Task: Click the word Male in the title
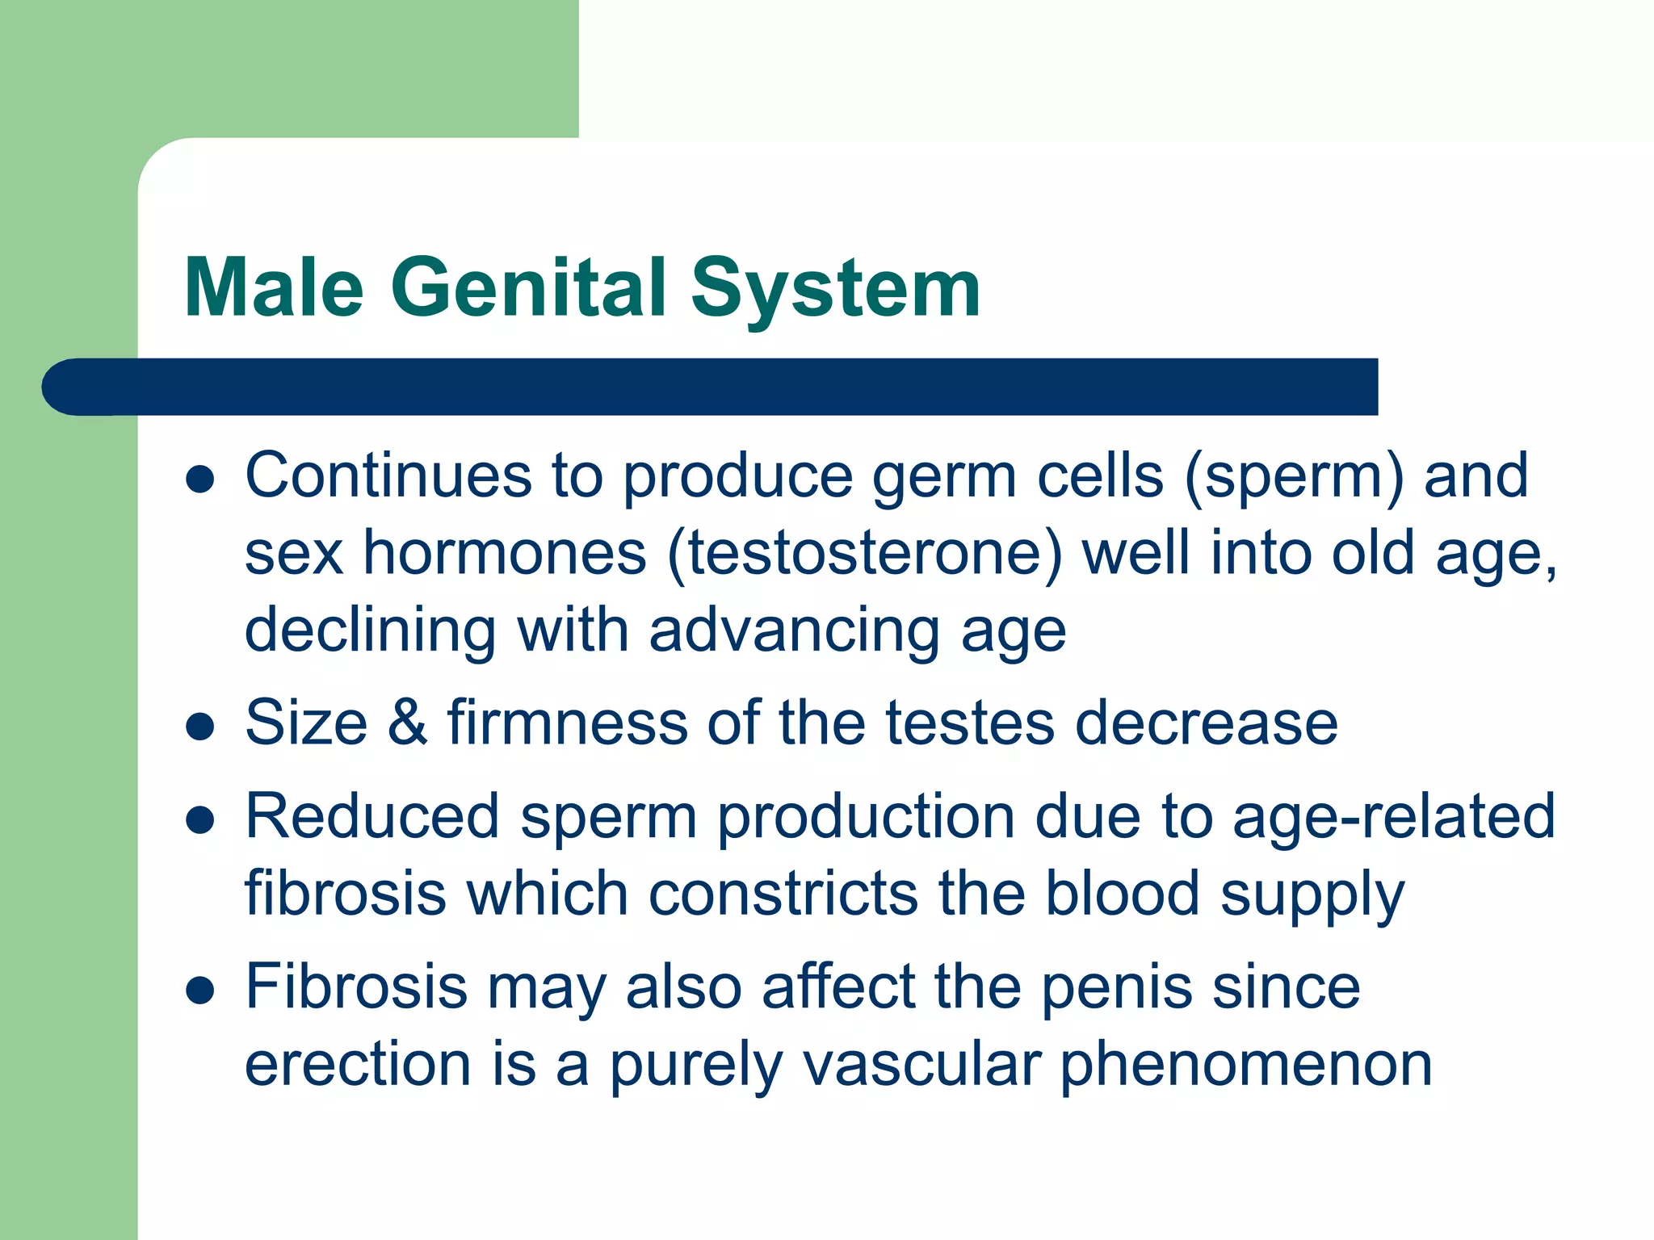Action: [275, 288]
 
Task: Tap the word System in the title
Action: [835, 288]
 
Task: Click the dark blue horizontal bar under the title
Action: [711, 387]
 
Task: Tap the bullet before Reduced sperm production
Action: [199, 820]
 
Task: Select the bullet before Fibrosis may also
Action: [199, 990]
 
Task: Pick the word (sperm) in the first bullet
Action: [1294, 476]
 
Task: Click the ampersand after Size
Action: [408, 722]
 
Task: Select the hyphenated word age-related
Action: [1394, 817]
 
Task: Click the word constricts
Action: [783, 894]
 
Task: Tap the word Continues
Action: [388, 476]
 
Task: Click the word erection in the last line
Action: [358, 1064]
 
